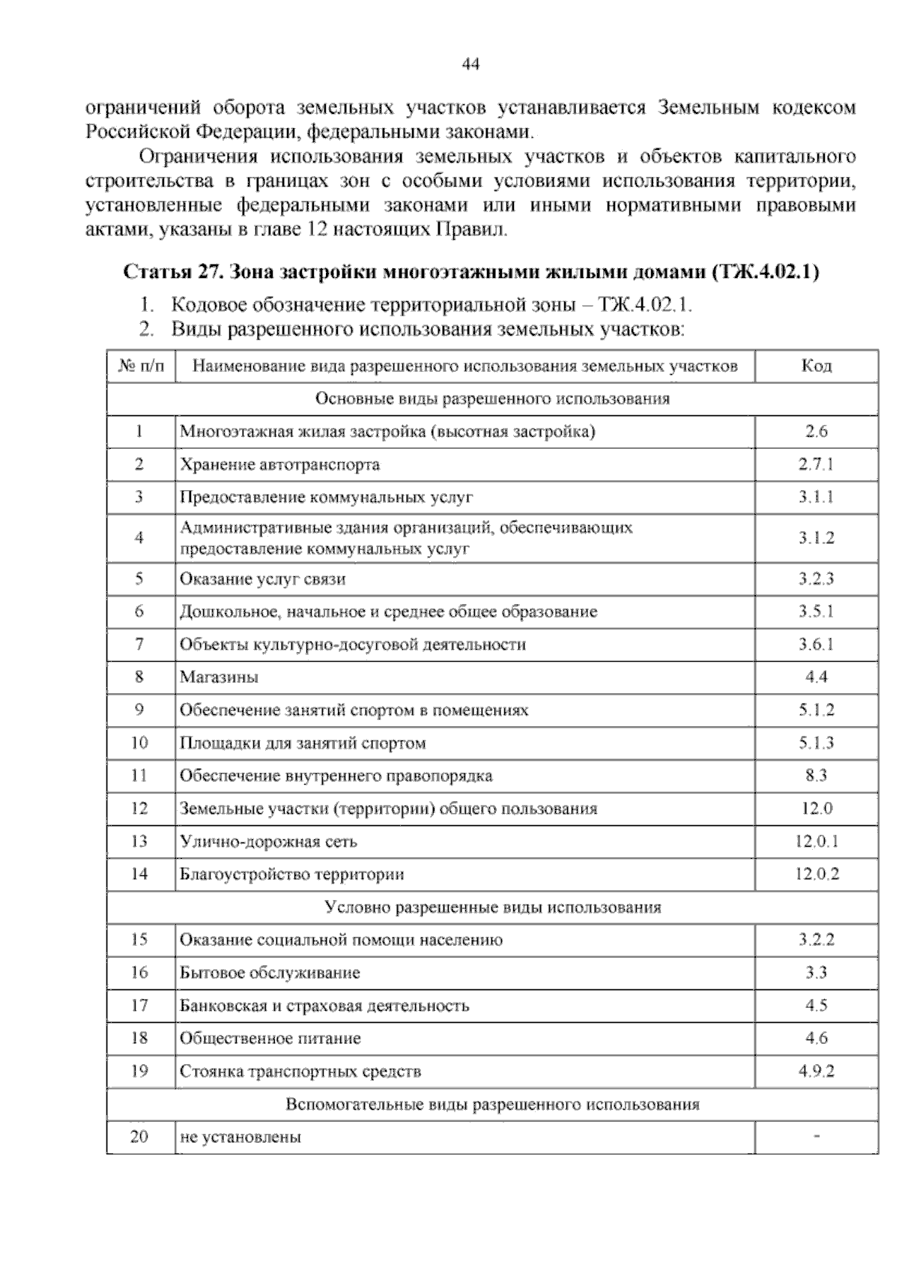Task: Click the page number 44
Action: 470,65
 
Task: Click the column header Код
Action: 816,366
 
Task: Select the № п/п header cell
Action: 140,366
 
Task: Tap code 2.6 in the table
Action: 816,432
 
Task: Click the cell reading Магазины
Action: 219,677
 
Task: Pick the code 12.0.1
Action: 816,842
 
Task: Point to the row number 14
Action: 139,874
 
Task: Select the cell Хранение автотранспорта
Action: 279,465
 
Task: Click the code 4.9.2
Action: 816,1072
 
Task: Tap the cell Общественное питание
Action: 270,1039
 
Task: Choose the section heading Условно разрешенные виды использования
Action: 492,908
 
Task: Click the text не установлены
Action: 240,1138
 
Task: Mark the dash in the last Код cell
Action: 816,1138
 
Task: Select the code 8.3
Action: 816,776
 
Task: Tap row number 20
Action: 139,1137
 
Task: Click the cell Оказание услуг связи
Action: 262,579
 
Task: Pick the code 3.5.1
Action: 816,612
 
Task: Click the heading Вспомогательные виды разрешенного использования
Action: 492,1105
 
